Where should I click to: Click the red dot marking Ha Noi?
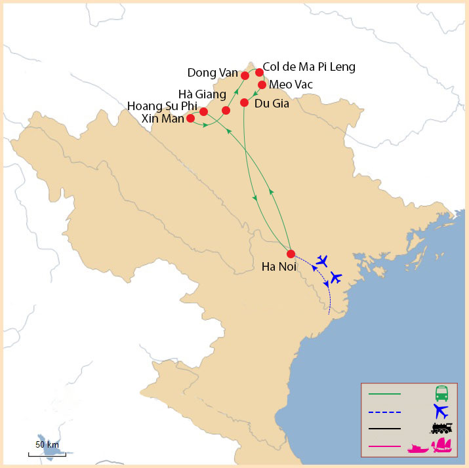(291, 254)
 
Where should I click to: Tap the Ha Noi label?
(280, 267)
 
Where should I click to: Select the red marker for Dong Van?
(245, 75)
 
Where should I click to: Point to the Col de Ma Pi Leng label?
(309, 67)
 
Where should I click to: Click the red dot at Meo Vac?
(262, 85)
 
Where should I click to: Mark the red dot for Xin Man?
(190, 119)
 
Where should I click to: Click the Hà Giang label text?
(202, 94)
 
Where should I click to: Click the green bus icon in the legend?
(441, 394)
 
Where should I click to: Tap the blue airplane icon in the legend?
(441, 412)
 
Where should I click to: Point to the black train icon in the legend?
(441, 429)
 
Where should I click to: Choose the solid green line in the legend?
(384, 394)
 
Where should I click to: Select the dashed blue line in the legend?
(384, 412)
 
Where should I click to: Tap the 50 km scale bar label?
(47, 445)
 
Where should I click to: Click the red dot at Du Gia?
(244, 102)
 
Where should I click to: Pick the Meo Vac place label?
(291, 85)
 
